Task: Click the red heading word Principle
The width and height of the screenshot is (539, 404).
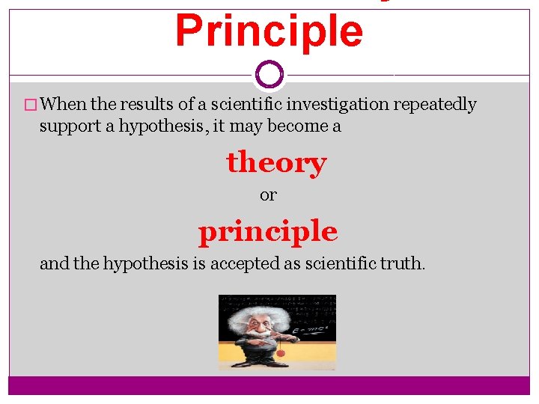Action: [269, 31]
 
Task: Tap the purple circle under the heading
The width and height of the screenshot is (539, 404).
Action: [269, 74]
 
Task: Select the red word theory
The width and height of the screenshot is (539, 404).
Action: [276, 162]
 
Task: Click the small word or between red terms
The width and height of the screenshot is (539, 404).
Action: [268, 195]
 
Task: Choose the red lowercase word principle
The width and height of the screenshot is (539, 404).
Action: [268, 232]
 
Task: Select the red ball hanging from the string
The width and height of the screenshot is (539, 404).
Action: [281, 352]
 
